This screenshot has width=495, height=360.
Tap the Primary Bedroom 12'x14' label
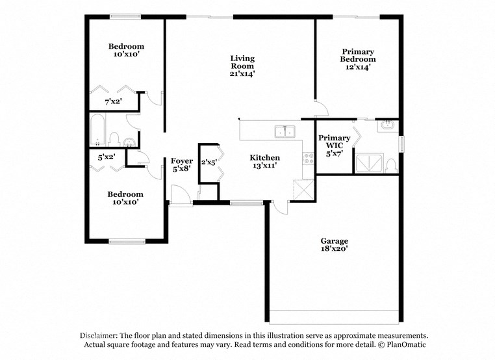[x=358, y=59]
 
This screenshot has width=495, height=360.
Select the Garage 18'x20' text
[x=334, y=244]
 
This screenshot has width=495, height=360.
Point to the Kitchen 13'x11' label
[x=265, y=162]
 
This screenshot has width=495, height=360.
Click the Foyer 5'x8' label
[x=182, y=165]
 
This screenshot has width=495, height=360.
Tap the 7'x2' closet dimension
[x=113, y=102]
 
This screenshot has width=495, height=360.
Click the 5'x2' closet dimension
[x=107, y=157]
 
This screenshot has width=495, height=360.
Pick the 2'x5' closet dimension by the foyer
[x=208, y=162]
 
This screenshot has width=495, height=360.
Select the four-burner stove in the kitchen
[x=309, y=159]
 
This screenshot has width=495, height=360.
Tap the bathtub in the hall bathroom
[x=97, y=131]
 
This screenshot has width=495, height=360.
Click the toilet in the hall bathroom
[x=114, y=139]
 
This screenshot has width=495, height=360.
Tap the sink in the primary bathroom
[x=388, y=124]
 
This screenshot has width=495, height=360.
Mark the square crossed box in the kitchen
[x=303, y=191]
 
